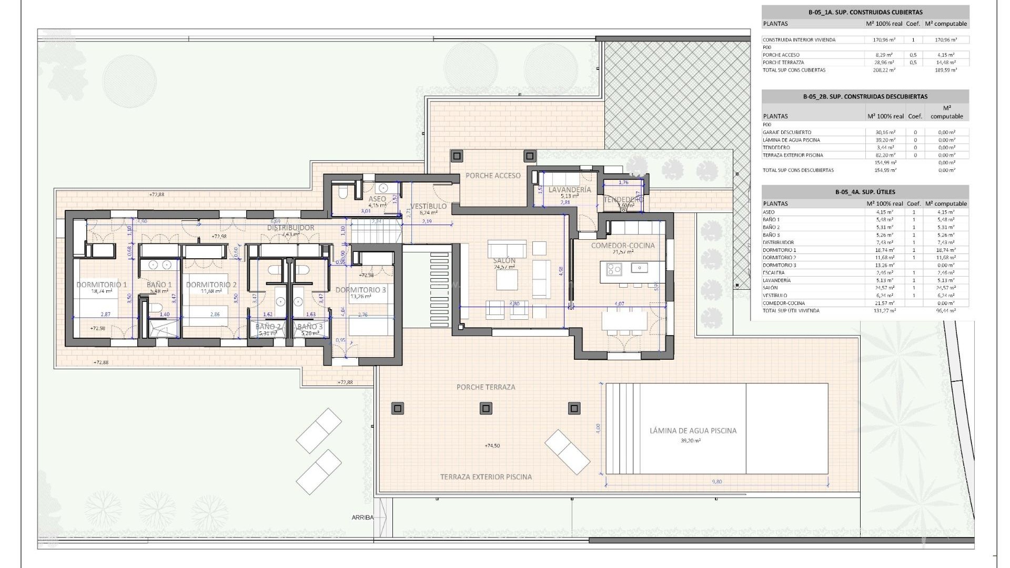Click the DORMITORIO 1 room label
coord(102,285)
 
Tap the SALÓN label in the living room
coord(504,261)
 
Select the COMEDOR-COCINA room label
coord(623,246)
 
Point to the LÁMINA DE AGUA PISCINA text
coord(693,430)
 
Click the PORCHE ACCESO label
coord(493,176)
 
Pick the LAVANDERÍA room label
coord(570,189)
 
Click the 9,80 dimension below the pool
coord(717,481)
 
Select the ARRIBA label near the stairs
coord(362,518)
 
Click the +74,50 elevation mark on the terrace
coord(492,445)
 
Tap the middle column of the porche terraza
coord(487,409)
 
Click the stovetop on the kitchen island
coord(614,269)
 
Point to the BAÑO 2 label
coord(268,327)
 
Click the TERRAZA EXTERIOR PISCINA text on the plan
coord(486,477)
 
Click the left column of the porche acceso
coord(456,156)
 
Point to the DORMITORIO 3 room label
coord(360,290)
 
